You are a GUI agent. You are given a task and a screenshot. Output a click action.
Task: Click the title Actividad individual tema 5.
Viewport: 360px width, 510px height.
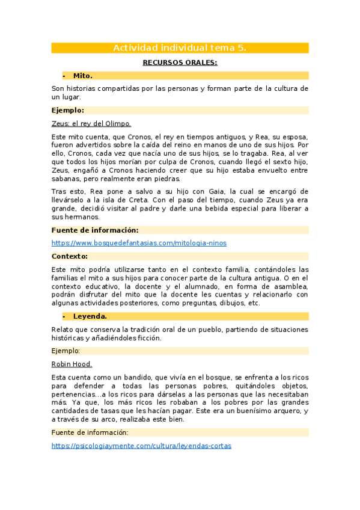(x=180, y=48)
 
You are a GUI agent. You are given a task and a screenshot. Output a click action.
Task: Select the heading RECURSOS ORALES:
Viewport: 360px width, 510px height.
(x=180, y=63)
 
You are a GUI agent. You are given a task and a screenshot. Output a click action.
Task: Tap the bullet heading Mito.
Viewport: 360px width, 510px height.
(x=82, y=76)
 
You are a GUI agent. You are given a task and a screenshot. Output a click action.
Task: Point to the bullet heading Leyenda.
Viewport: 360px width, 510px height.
(x=90, y=316)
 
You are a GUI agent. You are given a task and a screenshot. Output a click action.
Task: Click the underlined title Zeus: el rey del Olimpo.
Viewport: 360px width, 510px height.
(x=91, y=124)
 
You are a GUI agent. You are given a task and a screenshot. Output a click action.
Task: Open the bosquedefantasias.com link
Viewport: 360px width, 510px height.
(x=139, y=243)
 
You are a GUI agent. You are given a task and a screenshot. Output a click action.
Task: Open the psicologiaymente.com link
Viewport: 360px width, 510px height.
(x=141, y=446)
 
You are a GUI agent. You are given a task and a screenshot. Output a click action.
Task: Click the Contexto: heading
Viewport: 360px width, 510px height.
(x=70, y=256)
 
